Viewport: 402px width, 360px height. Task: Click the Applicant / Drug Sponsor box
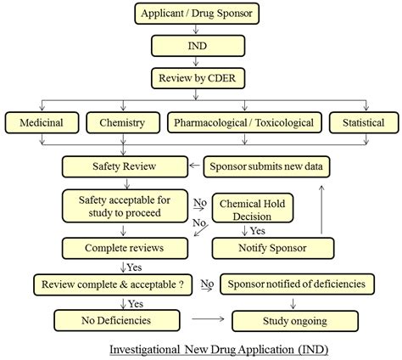click(x=197, y=14)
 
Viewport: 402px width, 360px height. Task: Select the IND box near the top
click(x=198, y=46)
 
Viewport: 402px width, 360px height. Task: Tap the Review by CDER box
click(x=198, y=78)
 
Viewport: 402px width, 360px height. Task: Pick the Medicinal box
click(x=42, y=123)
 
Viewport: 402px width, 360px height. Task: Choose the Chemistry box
click(x=123, y=123)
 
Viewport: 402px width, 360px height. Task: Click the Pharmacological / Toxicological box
click(x=244, y=123)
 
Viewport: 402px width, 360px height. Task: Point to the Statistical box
click(x=364, y=123)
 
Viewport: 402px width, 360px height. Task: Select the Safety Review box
click(x=125, y=166)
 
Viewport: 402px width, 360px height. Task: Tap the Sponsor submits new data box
click(x=266, y=166)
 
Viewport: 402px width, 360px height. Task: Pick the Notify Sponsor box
click(x=273, y=248)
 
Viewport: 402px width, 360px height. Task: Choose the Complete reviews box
click(x=125, y=248)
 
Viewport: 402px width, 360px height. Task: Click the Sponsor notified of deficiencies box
click(x=297, y=284)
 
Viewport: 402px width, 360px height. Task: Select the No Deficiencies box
click(x=117, y=321)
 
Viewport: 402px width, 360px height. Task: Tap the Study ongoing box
click(x=295, y=321)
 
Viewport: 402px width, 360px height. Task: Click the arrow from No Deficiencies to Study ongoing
click(x=208, y=319)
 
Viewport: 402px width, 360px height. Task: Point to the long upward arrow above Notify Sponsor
click(x=321, y=210)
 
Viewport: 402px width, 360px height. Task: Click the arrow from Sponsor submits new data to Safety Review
click(x=194, y=166)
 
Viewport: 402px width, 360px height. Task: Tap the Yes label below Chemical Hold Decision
click(x=258, y=231)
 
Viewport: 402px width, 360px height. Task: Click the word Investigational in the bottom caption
click(x=144, y=350)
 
